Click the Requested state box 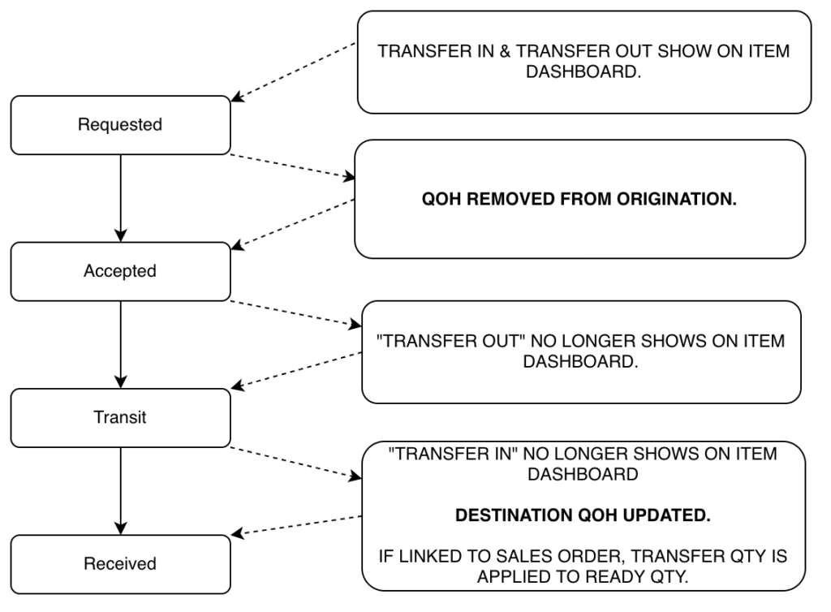[120, 125]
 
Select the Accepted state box [120, 271]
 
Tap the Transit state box [120, 417]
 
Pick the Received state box [120, 563]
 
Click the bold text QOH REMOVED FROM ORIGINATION [579, 200]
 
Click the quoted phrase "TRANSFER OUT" [439, 342]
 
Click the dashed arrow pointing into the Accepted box [294, 222]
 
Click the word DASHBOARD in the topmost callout [584, 71]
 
